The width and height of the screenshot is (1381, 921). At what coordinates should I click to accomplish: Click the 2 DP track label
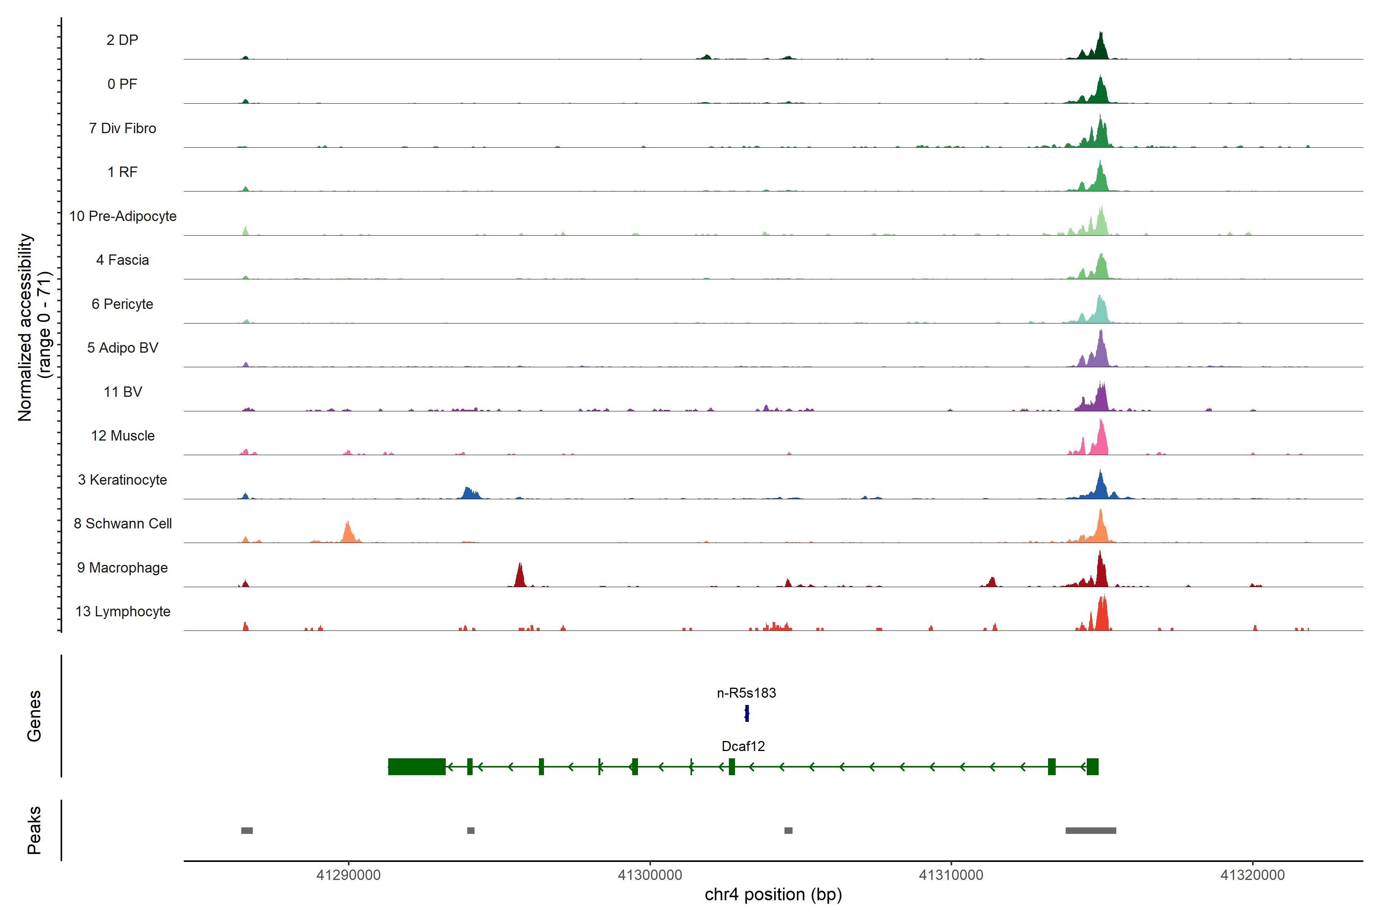[x=122, y=40]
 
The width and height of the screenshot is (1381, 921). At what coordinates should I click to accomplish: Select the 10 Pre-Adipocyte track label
[x=123, y=216]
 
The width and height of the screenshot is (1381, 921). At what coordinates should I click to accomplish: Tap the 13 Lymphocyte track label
[x=123, y=611]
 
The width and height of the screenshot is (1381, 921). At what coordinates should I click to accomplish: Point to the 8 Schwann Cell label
[x=123, y=523]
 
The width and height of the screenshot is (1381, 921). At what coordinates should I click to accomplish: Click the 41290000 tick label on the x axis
[x=348, y=875]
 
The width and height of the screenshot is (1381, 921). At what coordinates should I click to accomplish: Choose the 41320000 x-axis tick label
[x=1252, y=875]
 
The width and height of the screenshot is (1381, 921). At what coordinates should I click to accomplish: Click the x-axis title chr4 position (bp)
[x=773, y=895]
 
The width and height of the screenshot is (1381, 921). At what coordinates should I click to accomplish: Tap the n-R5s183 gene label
[x=746, y=693]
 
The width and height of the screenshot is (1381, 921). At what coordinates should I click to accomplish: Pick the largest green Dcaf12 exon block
[x=416, y=766]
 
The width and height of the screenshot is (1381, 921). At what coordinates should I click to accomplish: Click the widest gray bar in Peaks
[x=1090, y=830]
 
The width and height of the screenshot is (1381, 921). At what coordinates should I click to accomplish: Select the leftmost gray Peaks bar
[x=247, y=830]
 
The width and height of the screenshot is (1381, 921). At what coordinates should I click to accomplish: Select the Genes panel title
[x=34, y=716]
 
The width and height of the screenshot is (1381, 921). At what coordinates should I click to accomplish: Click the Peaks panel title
[x=34, y=830]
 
